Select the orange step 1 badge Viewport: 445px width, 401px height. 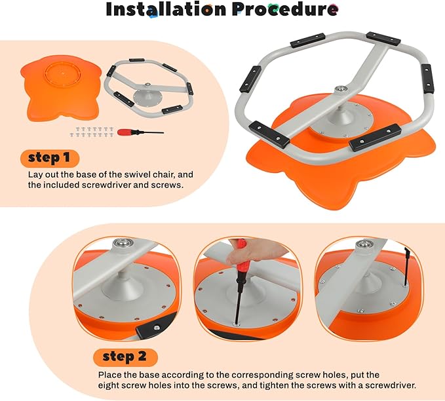(x=50, y=159)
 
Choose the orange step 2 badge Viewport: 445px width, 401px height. (x=126, y=358)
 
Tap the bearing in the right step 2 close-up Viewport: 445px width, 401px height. (x=364, y=245)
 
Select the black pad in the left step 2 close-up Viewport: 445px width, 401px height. (x=156, y=324)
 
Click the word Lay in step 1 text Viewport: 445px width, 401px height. (x=35, y=176)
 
